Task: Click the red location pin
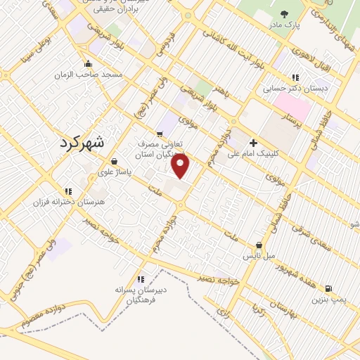(181, 166)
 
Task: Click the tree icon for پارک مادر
(284, 14)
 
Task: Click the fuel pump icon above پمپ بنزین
(329, 288)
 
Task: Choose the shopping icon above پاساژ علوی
(114, 162)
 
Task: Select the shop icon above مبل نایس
(259, 245)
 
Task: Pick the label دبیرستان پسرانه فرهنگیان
(141, 294)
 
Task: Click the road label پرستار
(288, 120)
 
